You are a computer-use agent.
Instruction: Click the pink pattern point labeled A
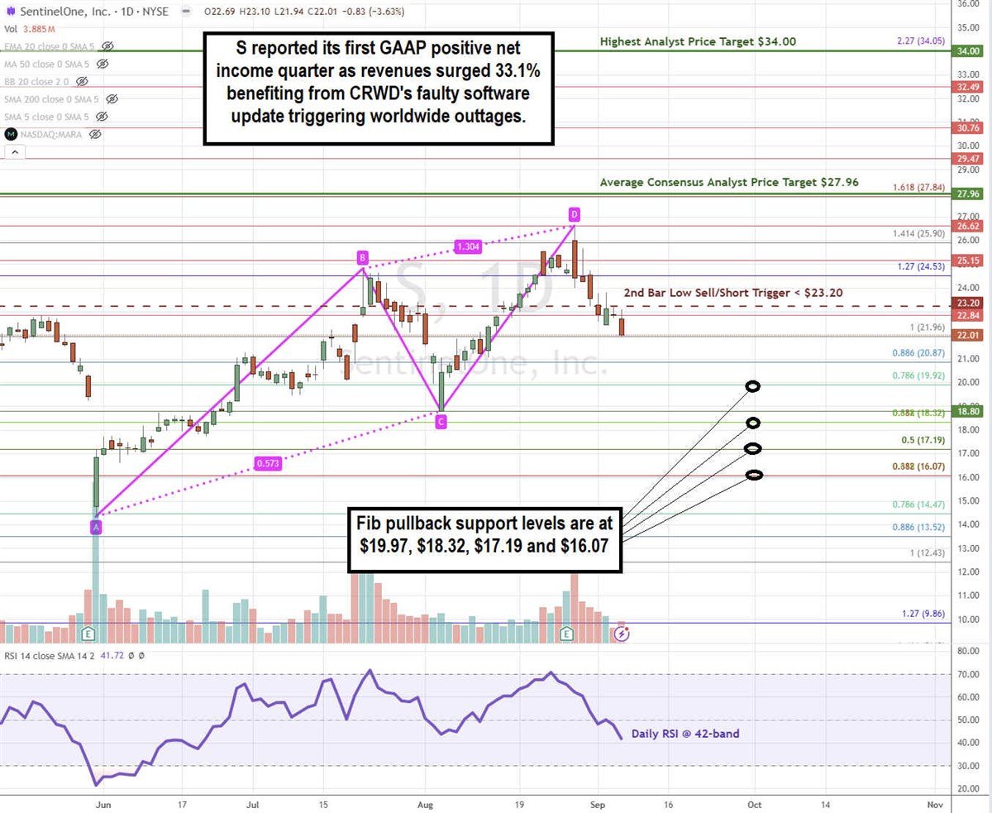[96, 528]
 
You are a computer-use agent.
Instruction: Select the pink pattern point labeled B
[362, 256]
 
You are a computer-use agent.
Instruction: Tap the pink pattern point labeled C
[441, 423]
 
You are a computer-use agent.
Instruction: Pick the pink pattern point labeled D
[574, 215]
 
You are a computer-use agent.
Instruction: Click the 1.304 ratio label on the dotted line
[468, 246]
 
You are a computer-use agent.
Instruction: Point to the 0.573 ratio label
[268, 464]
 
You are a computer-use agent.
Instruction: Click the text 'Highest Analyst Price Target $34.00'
[698, 41]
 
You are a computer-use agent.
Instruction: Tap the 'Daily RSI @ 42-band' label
[685, 734]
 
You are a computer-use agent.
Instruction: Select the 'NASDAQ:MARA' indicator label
[50, 134]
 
